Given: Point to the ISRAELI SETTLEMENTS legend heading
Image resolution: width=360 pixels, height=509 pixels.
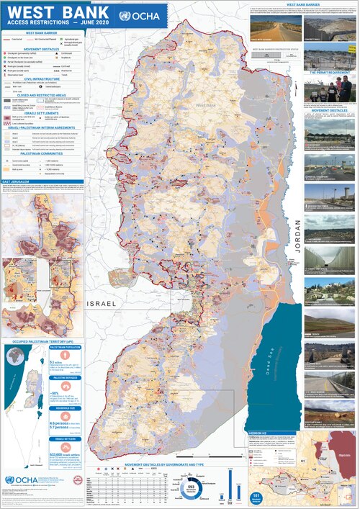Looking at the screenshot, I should pyautogui.click(x=42, y=114).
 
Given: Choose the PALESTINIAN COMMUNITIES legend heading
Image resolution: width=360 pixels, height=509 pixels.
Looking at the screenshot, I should pyautogui.click(x=42, y=153).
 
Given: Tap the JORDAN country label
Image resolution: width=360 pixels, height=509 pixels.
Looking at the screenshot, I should pyautogui.click(x=295, y=253).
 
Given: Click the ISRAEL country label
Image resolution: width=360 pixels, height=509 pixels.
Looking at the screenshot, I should pyautogui.click(x=102, y=305).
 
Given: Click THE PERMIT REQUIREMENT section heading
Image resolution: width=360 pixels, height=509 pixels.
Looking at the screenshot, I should pyautogui.click(x=329, y=73).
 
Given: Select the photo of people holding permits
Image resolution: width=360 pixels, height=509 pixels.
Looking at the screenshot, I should pyautogui.click(x=332, y=89).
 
